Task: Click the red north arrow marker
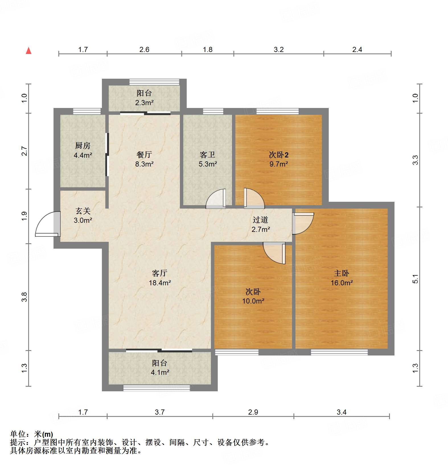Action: (28, 51)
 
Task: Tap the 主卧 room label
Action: (341, 273)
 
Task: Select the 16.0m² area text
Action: (342, 283)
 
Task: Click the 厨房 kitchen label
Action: (83, 146)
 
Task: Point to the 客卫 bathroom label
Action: (207, 155)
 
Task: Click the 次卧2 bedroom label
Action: (279, 155)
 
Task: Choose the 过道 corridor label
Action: (260, 220)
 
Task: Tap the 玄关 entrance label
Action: (83, 211)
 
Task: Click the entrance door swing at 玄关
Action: (46, 224)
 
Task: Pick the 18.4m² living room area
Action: (160, 283)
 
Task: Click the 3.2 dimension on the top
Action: (279, 50)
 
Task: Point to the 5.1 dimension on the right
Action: (415, 278)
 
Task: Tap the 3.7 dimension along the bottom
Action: (160, 412)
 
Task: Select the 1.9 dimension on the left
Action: (24, 216)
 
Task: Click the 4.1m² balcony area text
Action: (160, 373)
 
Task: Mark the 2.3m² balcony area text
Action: (144, 103)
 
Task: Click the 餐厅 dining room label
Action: (144, 155)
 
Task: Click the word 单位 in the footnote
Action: (18, 434)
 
